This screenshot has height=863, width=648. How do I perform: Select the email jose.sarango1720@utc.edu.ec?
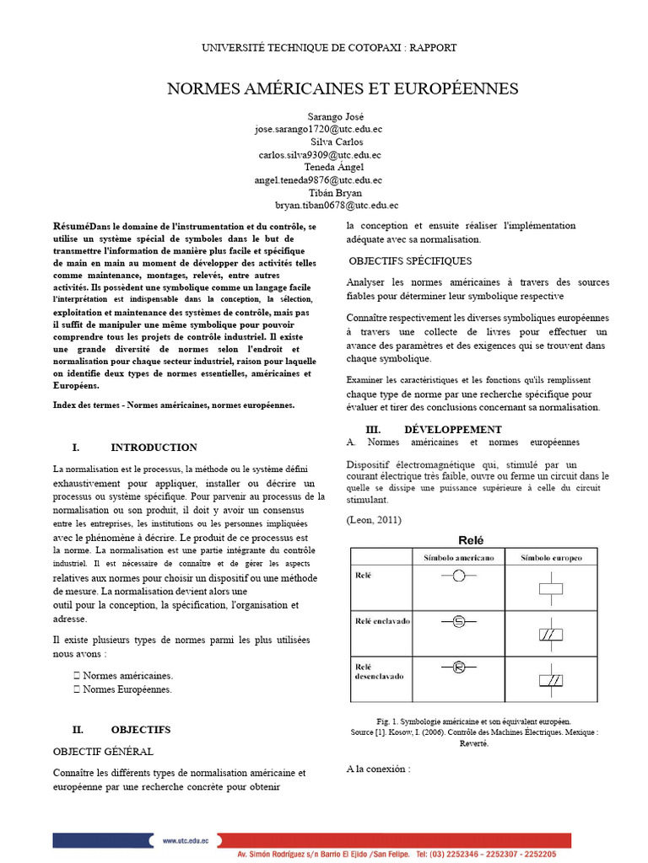(x=319, y=130)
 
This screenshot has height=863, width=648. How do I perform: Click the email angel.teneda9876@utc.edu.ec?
(x=318, y=180)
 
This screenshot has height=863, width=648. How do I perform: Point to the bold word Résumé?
(x=71, y=227)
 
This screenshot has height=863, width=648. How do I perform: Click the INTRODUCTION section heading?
(x=154, y=448)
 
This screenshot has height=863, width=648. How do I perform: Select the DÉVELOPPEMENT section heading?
(x=447, y=429)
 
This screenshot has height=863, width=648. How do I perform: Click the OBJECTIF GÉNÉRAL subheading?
(x=103, y=751)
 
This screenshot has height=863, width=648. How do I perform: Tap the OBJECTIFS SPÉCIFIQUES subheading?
(x=410, y=261)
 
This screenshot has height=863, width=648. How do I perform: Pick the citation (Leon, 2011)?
(x=374, y=520)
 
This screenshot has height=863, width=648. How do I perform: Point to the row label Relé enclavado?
(x=381, y=621)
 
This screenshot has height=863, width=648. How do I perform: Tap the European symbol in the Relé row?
(x=551, y=588)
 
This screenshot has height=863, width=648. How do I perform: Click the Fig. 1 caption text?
(x=473, y=721)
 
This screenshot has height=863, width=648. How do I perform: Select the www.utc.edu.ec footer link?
(x=187, y=840)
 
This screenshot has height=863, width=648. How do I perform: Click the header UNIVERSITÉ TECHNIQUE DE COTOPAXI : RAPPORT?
(x=329, y=48)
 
